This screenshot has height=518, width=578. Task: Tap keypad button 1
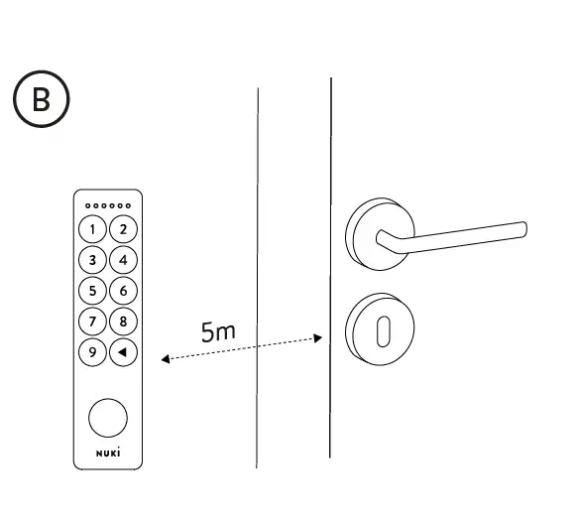[x=93, y=229]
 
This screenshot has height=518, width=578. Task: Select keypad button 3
[x=93, y=260]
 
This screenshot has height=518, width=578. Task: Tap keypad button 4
[x=123, y=260]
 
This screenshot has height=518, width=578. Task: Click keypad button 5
[x=93, y=291]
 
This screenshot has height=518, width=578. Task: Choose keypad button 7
[x=93, y=322]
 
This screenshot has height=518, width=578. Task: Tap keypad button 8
[x=123, y=322]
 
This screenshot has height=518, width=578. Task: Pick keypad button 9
[x=93, y=352]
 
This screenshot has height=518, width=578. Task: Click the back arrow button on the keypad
[x=123, y=352]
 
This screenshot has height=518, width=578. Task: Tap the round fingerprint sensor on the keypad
[x=108, y=418]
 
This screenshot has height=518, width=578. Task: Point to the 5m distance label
[x=218, y=331]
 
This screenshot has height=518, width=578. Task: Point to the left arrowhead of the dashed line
[x=165, y=359]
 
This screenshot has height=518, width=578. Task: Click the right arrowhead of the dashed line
[x=318, y=338]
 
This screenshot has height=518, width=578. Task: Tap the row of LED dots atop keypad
[x=108, y=205]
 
